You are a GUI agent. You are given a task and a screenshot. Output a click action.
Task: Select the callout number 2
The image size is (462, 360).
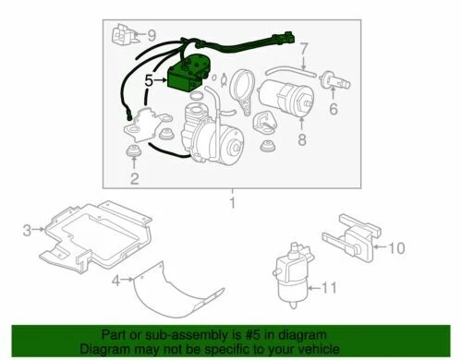point(134,178)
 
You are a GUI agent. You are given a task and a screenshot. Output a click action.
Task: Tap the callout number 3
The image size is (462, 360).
point(27,229)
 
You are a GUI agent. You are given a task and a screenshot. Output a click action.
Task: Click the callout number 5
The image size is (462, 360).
point(147,81)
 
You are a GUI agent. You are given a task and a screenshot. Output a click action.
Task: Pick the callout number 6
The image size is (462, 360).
point(334,108)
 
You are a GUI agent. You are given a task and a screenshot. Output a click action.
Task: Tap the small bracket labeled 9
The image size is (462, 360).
point(122,38)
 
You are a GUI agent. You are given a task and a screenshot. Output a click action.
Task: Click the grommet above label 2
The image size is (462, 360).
point(134,150)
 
